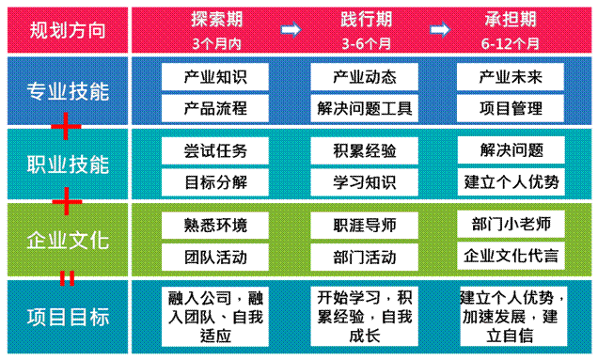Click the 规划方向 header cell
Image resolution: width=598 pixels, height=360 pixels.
tap(66, 30)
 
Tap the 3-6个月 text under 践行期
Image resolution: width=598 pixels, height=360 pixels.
tap(365, 43)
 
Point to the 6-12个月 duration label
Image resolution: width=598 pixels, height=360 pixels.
tap(512, 43)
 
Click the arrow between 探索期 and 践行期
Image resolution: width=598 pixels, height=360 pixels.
tap(291, 31)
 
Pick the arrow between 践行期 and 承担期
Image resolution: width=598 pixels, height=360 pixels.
tap(438, 31)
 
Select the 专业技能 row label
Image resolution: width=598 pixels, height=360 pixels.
tap(66, 92)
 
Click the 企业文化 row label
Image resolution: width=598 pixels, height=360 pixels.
tap(66, 240)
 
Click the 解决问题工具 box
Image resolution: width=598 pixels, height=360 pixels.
tap(365, 107)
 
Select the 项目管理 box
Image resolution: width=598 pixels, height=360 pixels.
tap(512, 107)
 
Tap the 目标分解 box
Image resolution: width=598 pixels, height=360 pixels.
tap(216, 180)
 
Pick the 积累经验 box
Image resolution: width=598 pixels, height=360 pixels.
tap(365, 150)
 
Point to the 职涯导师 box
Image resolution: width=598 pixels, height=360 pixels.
tap(365, 226)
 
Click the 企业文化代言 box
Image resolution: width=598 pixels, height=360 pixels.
tap(512, 256)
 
